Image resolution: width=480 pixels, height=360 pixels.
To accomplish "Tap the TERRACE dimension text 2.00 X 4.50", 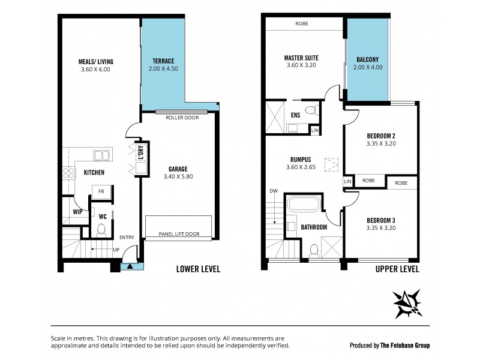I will (163, 69).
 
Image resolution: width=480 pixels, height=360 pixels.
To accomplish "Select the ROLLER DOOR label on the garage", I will (182, 118).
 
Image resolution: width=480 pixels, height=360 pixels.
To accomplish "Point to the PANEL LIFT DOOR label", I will (179, 234).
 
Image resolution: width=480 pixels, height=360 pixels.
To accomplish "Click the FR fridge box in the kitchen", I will (103, 192).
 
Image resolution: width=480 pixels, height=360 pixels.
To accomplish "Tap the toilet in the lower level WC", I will (101, 229).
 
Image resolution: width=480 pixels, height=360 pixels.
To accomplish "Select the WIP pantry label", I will (77, 212).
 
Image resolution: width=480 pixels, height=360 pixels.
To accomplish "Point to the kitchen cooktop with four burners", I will (69, 173).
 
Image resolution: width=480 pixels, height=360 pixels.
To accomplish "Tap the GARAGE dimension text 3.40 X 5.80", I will (178, 177).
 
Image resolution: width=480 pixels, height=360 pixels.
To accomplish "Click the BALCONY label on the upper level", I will (367, 60).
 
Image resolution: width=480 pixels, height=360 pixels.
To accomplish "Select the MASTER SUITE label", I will (301, 58).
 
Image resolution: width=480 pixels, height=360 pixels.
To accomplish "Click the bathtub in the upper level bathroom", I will (305, 204).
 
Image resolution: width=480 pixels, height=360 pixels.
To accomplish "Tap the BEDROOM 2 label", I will (381, 136).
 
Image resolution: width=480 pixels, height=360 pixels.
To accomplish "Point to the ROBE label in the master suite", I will (302, 24).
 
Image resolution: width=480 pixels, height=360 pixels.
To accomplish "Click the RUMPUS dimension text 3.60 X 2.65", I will (301, 167).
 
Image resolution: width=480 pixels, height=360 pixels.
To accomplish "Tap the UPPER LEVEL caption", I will (397, 269).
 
